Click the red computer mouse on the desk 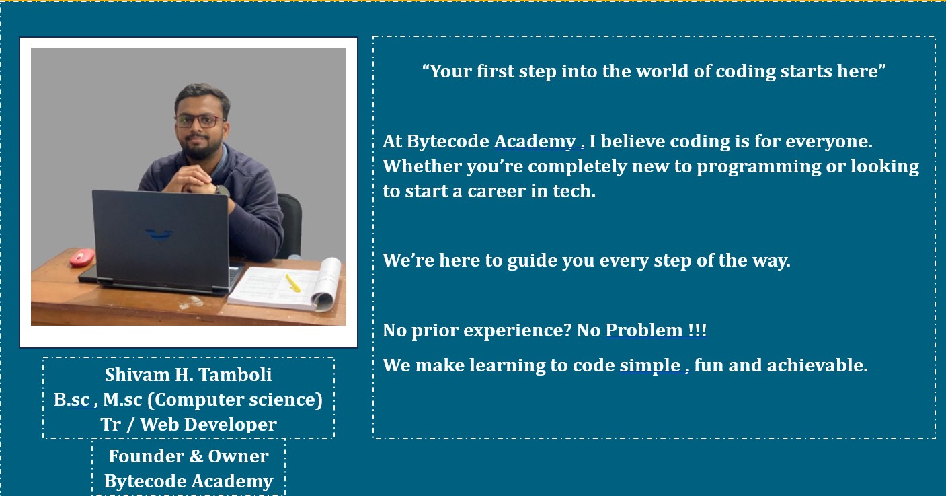click(x=82, y=256)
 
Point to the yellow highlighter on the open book click(x=293, y=282)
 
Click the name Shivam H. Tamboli click(x=188, y=374)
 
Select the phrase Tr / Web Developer click(x=188, y=425)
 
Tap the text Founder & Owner click(x=188, y=456)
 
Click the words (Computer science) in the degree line click(x=235, y=400)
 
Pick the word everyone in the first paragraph click(x=828, y=141)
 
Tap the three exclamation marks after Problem click(x=697, y=330)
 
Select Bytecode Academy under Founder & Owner click(x=188, y=481)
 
